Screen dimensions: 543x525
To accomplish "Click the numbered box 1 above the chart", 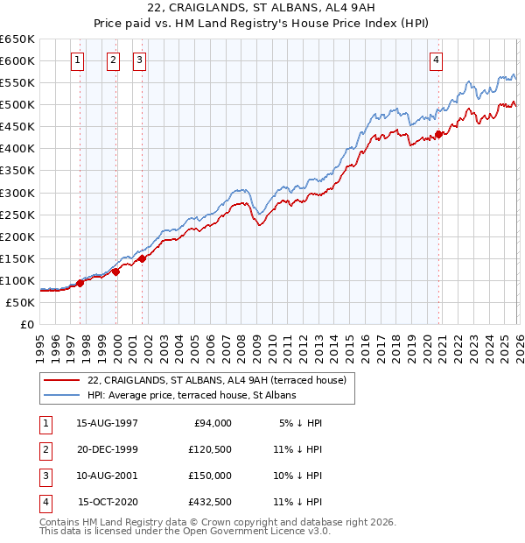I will point(78,60).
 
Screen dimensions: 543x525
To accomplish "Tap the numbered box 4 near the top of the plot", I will point(436,60).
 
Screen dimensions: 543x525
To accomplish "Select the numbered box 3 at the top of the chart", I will point(139,60).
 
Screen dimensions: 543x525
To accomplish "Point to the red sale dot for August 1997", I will point(80,283).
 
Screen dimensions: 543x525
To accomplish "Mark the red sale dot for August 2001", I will point(142,258).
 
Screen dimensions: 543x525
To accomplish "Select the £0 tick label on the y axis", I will point(26,324).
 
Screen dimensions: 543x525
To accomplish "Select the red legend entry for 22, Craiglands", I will point(217,380).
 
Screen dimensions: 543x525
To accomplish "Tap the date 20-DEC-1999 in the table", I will point(107,449).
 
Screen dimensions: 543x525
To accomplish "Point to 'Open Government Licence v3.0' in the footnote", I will point(257,531).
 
